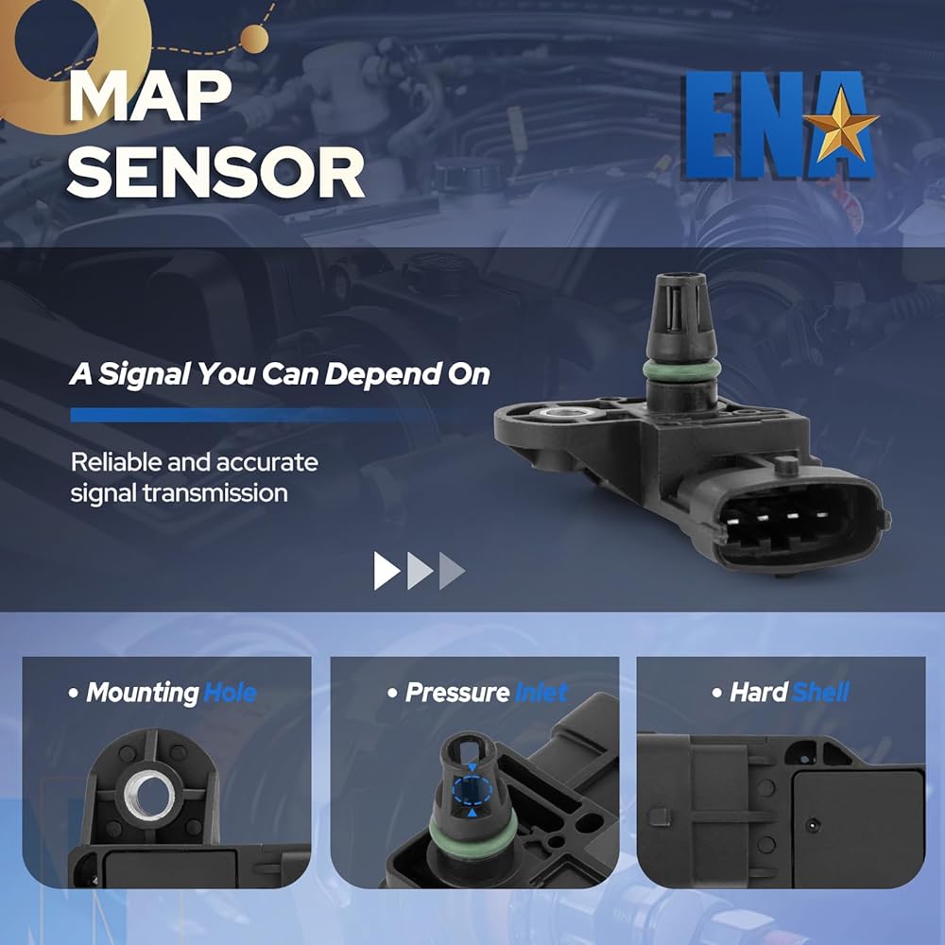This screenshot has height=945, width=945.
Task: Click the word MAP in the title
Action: pyautogui.click(x=150, y=96)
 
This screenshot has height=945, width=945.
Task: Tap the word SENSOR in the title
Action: pyautogui.click(x=215, y=173)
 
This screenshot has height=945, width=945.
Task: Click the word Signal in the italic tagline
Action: pyautogui.click(x=145, y=374)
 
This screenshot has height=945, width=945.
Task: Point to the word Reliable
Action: pyautogui.click(x=116, y=462)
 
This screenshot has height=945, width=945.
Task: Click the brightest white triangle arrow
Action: pyautogui.click(x=387, y=570)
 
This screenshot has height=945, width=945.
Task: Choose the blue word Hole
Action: pyautogui.click(x=230, y=693)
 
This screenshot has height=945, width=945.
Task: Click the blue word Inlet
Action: pyautogui.click(x=541, y=693)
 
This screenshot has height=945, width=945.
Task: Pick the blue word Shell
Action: pyautogui.click(x=820, y=693)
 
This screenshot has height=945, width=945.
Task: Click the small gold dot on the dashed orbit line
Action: pyautogui.click(x=254, y=39)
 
